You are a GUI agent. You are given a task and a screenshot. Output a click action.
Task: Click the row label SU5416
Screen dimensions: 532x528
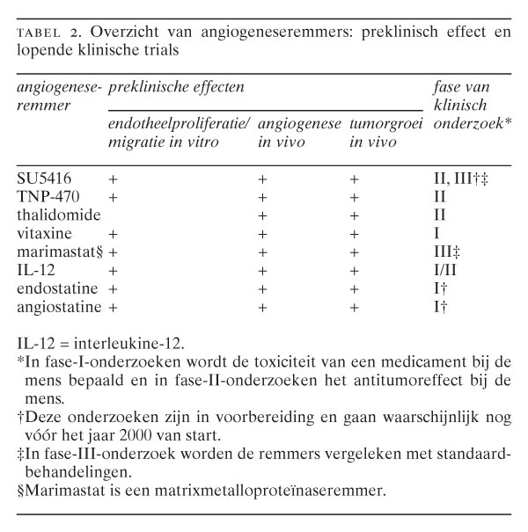click(43, 178)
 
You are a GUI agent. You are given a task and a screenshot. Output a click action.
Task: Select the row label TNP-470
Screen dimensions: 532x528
click(47, 196)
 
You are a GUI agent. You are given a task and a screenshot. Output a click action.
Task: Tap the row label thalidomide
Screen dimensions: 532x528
click(59, 215)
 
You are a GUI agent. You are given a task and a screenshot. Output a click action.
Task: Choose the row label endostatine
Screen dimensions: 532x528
click(56, 288)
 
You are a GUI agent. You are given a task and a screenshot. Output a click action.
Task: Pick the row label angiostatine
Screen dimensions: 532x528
click(59, 307)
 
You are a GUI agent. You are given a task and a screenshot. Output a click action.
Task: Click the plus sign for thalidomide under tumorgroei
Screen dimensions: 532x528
click(354, 215)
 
